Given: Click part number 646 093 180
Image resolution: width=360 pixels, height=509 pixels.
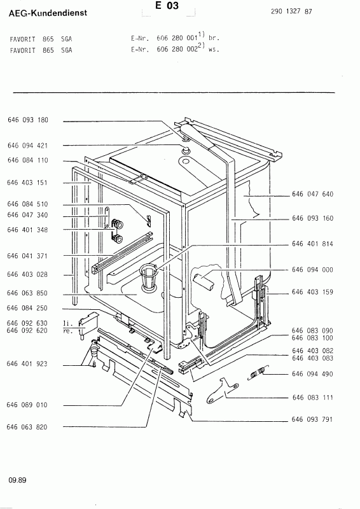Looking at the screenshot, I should click(27, 120).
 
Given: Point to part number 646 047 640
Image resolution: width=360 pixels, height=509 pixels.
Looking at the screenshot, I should click(312, 193).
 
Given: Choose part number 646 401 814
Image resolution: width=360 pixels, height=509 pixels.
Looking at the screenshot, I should click(312, 244).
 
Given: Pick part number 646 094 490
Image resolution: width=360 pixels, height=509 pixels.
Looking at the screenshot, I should click(312, 375).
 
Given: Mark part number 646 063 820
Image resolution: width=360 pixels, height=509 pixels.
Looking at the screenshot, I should click(27, 427).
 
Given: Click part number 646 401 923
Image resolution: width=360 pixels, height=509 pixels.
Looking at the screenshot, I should click(27, 363).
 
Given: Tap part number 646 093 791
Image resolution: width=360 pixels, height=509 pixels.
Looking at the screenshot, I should click(312, 420).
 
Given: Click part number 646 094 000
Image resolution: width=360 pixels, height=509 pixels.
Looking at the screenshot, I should click(312, 270).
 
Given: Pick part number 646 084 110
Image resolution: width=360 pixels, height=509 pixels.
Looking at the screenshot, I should click(27, 161).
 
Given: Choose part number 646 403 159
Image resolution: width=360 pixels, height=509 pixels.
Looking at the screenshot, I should click(312, 293).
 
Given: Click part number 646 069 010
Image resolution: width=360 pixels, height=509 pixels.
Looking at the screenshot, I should click(27, 405).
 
